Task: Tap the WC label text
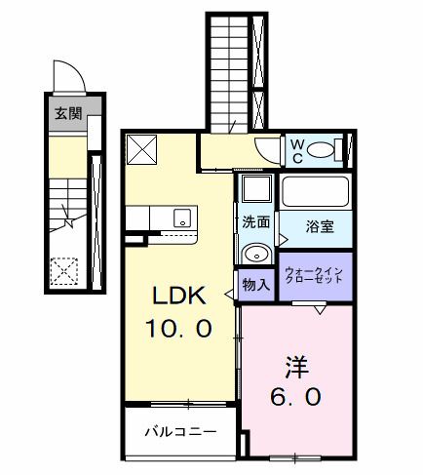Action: tap(297, 150)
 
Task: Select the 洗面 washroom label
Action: tap(256, 221)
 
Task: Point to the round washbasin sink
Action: tap(256, 253)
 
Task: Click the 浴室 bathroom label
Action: tap(320, 227)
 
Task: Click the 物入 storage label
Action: tap(255, 286)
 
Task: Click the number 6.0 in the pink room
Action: tap(295, 398)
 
